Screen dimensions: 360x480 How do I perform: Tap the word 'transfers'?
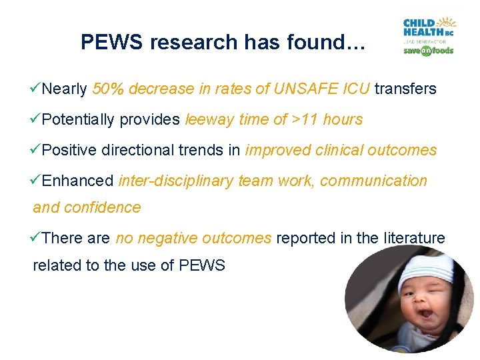(x=405, y=89)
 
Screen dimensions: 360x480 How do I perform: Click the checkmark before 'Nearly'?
(x=37, y=89)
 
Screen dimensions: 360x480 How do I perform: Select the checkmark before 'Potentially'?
(x=37, y=119)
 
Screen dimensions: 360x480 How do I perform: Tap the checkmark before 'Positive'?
(x=37, y=150)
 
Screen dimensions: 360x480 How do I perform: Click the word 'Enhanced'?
(x=78, y=181)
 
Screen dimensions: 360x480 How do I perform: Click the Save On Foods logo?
(x=428, y=51)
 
